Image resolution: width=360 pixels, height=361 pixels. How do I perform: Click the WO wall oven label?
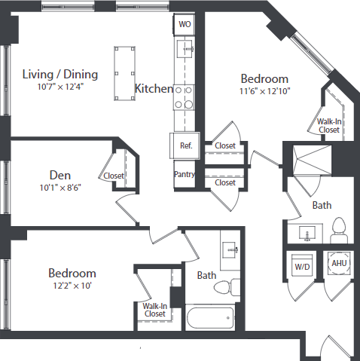(x=185, y=24)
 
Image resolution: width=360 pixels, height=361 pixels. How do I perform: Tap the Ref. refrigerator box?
(x=185, y=146)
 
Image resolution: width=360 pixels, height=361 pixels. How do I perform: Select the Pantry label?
(x=185, y=175)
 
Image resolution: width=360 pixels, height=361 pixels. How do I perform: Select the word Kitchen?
(x=154, y=89)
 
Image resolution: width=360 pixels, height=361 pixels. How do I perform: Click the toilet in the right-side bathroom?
(x=337, y=228)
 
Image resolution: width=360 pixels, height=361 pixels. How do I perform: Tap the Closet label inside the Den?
(x=114, y=176)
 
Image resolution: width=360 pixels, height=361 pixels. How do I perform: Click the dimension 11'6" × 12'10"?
(x=264, y=92)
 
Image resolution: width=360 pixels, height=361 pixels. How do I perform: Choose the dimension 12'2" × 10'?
(x=72, y=286)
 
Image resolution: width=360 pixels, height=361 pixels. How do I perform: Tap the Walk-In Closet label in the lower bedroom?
(x=154, y=310)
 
